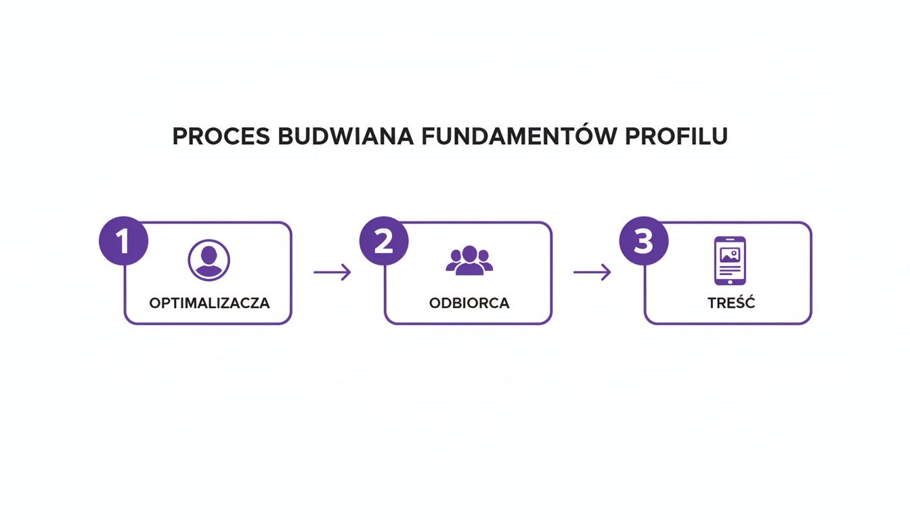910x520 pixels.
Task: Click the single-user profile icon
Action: pyautogui.click(x=208, y=260)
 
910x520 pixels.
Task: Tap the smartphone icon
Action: pyautogui.click(x=729, y=261)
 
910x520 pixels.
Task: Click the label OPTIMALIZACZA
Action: pyautogui.click(x=209, y=303)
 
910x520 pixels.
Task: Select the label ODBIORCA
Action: pyautogui.click(x=469, y=303)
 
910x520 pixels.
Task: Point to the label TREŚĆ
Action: pyautogui.click(x=731, y=303)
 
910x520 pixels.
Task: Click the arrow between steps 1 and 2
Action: pyautogui.click(x=332, y=272)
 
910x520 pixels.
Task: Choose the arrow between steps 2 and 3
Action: pyautogui.click(x=592, y=272)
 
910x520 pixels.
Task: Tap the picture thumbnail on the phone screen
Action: pyautogui.click(x=729, y=255)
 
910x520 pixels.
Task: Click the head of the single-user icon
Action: pyautogui.click(x=208, y=255)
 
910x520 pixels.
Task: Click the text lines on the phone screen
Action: pyautogui.click(x=729, y=269)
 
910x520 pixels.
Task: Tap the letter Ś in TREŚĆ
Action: pyautogui.click(x=739, y=303)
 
